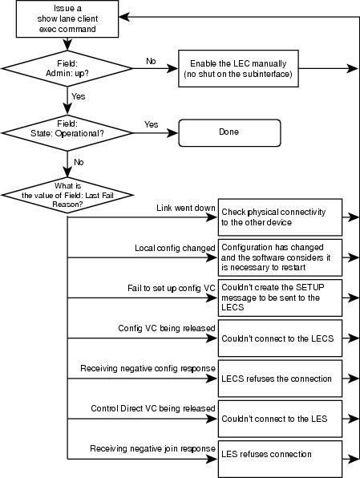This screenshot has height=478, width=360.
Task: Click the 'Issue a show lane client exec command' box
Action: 67,19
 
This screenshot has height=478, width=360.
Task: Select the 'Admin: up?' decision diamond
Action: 67,68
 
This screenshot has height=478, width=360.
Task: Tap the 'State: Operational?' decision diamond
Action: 67,133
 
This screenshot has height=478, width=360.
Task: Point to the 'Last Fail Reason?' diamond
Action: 67,195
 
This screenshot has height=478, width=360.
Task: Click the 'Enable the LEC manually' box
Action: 238,69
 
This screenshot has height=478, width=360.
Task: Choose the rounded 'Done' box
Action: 229,133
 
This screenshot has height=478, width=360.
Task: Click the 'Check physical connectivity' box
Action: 280,217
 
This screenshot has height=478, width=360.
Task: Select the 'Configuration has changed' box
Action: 280,257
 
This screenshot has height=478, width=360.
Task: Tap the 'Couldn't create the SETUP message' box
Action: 280,298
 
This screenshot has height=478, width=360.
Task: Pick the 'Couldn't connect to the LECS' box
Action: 280,338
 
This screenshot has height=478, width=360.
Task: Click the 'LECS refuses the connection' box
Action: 280,379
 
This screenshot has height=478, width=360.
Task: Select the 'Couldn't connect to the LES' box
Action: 280,419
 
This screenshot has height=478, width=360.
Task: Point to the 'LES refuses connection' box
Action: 280,459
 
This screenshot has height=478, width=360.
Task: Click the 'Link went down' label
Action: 186,208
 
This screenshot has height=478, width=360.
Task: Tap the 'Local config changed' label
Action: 175,248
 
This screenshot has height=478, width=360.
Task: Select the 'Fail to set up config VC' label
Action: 172,288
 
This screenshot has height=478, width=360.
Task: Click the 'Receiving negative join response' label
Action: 152,449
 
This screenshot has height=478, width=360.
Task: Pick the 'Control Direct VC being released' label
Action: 153,408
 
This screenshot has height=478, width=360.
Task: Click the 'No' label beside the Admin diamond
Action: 151,61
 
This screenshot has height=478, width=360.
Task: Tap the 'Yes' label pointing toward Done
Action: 152,124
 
